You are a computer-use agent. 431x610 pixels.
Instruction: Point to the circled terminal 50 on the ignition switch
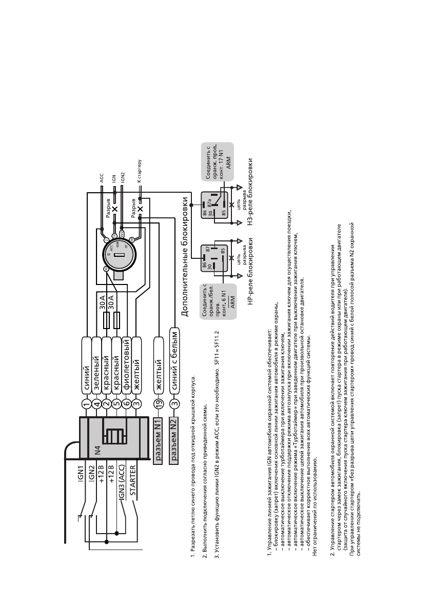(131, 240)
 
